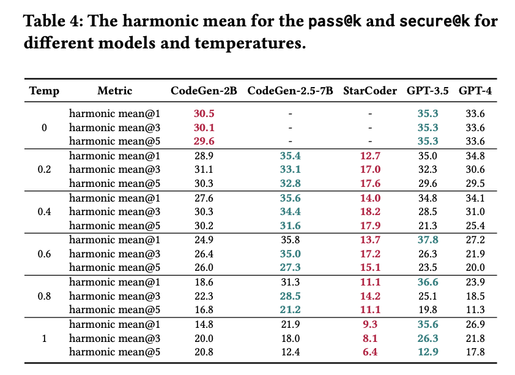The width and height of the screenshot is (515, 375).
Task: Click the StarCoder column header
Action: (x=370, y=91)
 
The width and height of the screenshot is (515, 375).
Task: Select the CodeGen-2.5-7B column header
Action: (x=290, y=91)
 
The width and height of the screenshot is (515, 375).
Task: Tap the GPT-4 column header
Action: (x=475, y=91)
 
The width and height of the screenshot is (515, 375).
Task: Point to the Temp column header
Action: (x=44, y=91)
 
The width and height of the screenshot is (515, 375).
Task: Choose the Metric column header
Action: (x=114, y=91)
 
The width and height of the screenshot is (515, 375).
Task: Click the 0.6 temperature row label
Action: (x=44, y=253)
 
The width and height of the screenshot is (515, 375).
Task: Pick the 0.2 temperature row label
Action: (x=44, y=169)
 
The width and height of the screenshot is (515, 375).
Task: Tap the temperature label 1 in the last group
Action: (x=44, y=338)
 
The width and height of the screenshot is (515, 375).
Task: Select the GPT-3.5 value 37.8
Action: (x=428, y=240)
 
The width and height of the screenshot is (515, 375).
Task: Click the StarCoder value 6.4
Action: (x=371, y=352)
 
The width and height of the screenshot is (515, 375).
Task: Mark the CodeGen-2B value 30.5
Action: (x=204, y=113)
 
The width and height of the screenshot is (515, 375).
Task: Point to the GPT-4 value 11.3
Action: (x=475, y=309)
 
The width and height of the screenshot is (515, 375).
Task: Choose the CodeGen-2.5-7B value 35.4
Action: (x=291, y=156)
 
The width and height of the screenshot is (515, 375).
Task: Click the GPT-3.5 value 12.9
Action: (x=428, y=352)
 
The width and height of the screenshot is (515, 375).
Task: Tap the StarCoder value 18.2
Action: (x=371, y=211)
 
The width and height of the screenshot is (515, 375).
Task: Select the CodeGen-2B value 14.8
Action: (x=204, y=324)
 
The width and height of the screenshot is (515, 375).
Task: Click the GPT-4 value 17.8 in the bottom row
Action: (x=475, y=352)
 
